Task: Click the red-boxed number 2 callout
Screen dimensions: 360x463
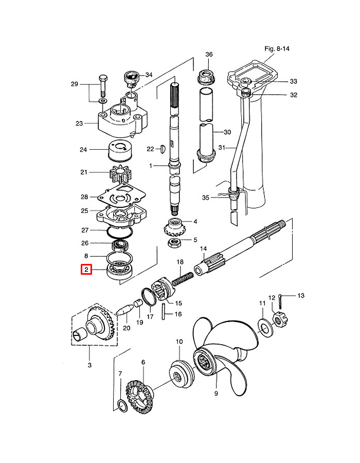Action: click(x=86, y=269)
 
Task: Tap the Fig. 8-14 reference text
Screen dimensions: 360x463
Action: click(x=277, y=49)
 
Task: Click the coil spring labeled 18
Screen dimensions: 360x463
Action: click(x=182, y=278)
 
